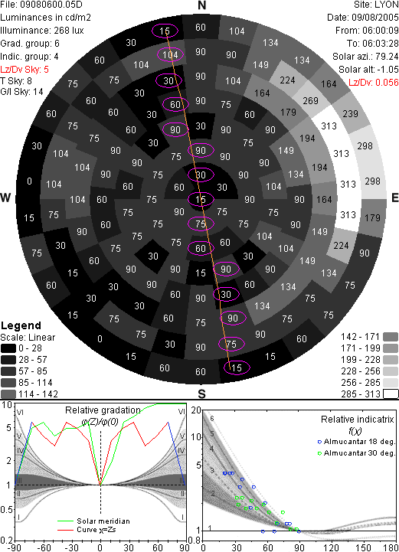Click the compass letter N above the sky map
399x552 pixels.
coord(201,5)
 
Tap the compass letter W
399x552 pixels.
coord(5,198)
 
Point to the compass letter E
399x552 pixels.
coord(394,198)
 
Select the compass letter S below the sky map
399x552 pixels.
coord(201,394)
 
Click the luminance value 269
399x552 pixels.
coord(310,101)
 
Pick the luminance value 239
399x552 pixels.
coord(350,114)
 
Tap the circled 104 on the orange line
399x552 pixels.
coord(171,55)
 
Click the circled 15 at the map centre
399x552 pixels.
coord(201,200)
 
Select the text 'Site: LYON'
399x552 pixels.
coord(376,5)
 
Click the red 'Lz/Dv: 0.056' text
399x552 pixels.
coord(373,83)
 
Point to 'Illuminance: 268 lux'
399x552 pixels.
coord(42,31)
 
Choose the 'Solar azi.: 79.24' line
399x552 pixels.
coord(365,57)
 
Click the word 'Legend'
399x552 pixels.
coord(21,325)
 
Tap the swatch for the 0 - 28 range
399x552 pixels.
coord(8,348)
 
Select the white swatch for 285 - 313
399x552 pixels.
coord(391,394)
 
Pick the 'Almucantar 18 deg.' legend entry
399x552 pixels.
coord(359,442)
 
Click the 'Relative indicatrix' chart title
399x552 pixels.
coord(357,420)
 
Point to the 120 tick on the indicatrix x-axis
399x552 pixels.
coord(332,547)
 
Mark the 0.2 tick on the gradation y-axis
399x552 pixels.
coord(7,541)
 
